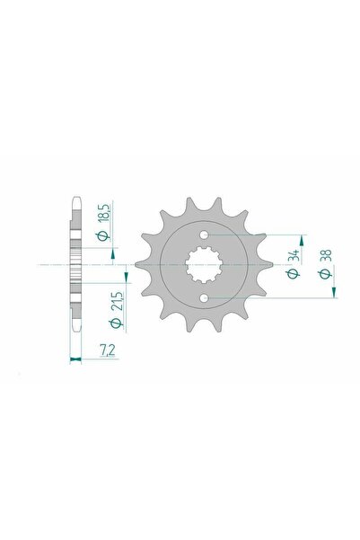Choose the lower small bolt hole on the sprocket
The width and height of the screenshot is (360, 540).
click(206, 298)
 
